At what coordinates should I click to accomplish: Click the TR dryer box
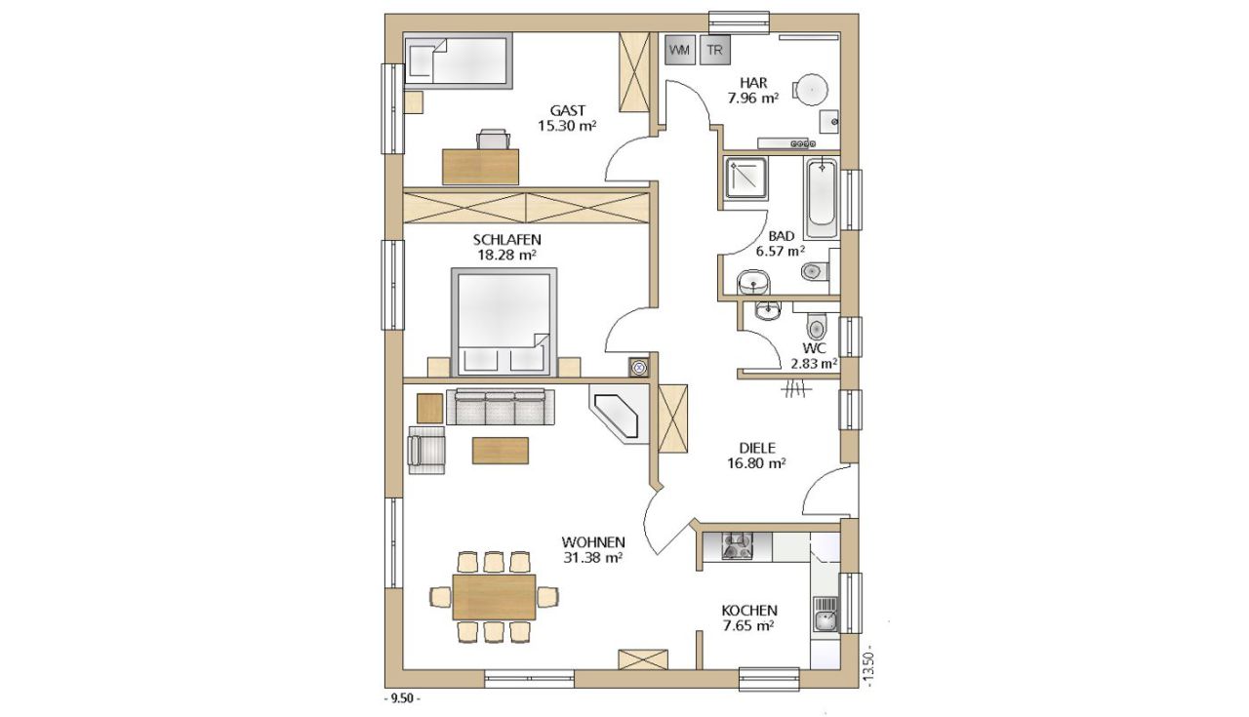pyautogui.click(x=715, y=50)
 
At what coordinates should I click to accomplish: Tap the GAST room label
pyautogui.click(x=568, y=110)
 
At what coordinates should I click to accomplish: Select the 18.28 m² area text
pyautogui.click(x=506, y=256)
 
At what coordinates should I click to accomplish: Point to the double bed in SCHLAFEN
pyautogui.click(x=504, y=322)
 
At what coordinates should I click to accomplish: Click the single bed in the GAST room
pyautogui.click(x=458, y=60)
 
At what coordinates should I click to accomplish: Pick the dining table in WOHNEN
pyautogui.click(x=494, y=597)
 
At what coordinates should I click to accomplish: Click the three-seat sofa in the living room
pyautogui.click(x=501, y=408)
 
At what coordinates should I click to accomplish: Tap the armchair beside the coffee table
pyautogui.click(x=426, y=451)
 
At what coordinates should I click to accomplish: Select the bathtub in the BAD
pyautogui.click(x=822, y=198)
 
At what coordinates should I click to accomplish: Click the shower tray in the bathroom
pyautogui.click(x=746, y=178)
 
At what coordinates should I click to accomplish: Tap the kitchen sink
pyautogui.click(x=826, y=615)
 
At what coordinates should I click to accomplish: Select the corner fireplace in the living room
pyautogui.click(x=619, y=414)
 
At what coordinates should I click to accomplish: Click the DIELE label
pyautogui.click(x=756, y=448)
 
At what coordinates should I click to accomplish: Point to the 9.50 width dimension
pyautogui.click(x=402, y=698)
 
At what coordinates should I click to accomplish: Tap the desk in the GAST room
pyautogui.click(x=481, y=166)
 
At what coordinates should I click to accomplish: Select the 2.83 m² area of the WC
pyautogui.click(x=814, y=364)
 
